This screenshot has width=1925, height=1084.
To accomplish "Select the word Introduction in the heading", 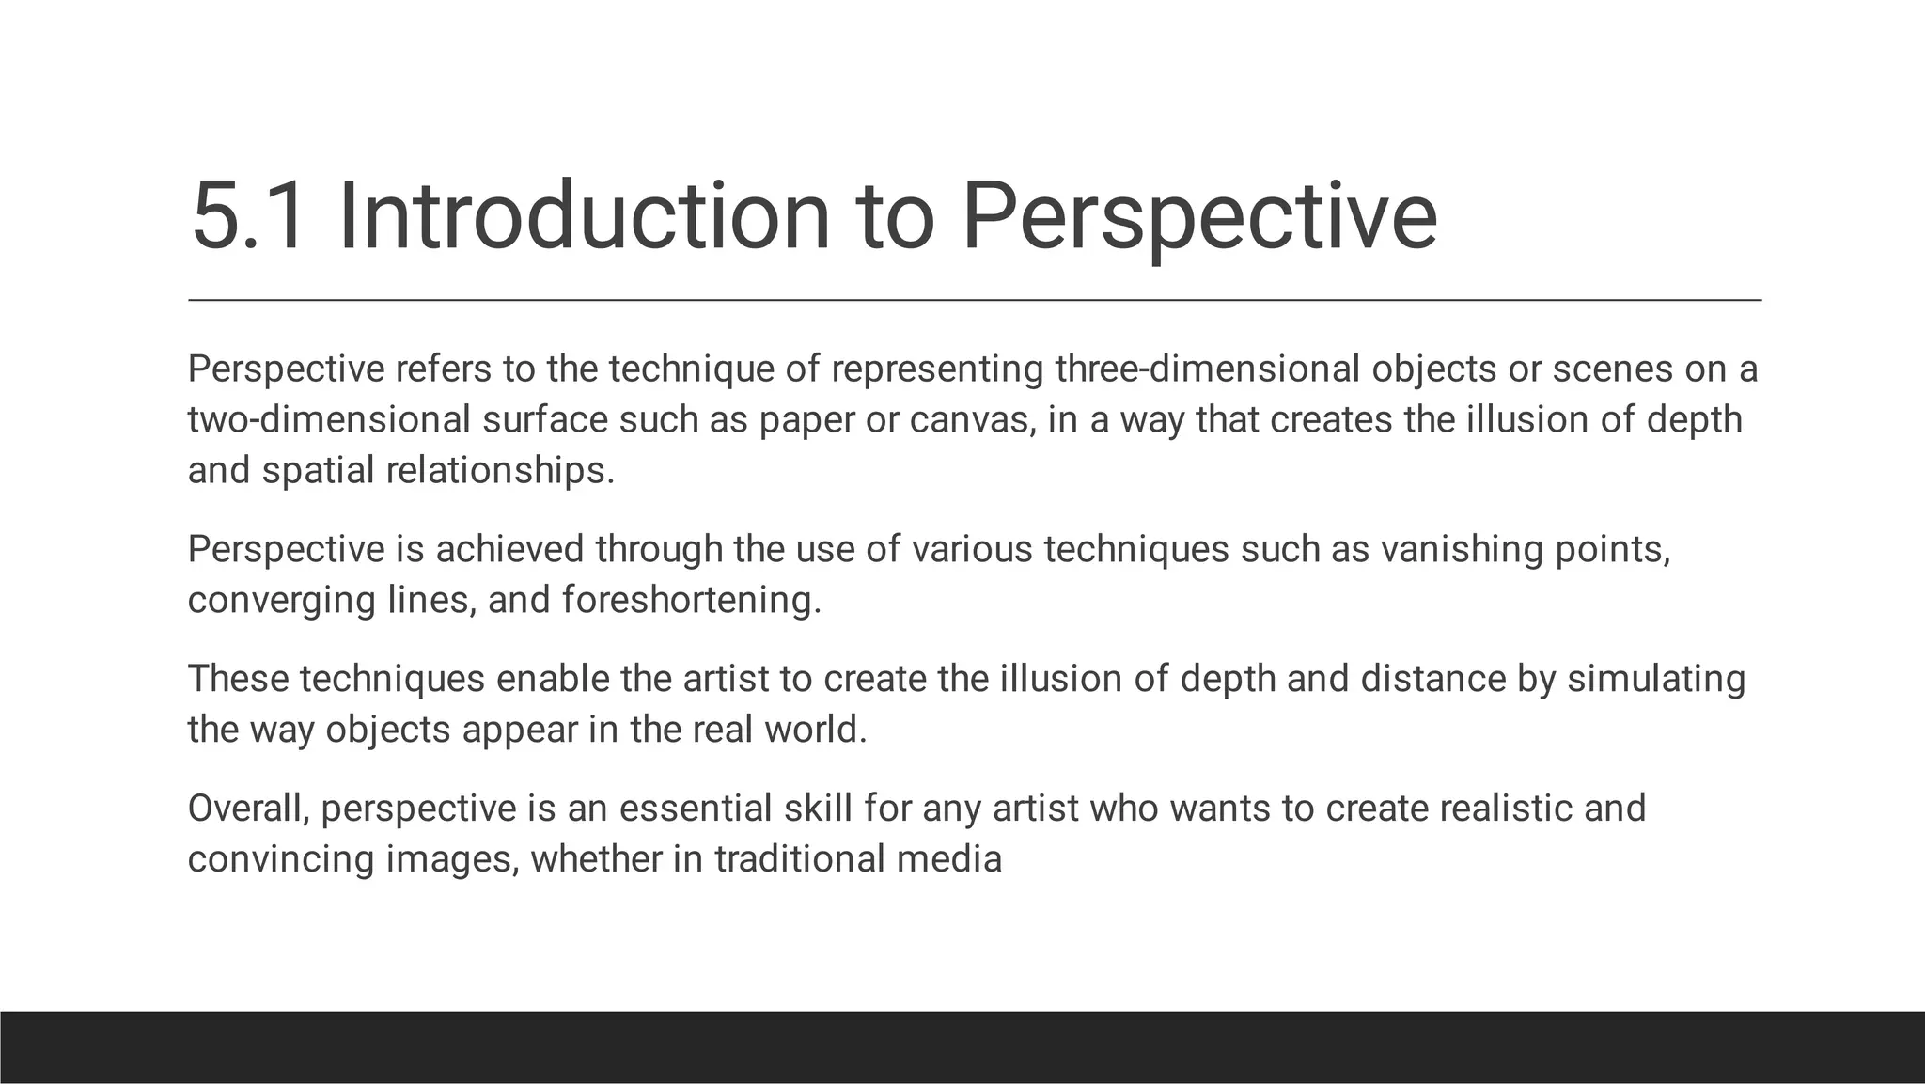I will (x=584, y=218).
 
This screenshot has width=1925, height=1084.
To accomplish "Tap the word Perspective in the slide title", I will (x=1198, y=218).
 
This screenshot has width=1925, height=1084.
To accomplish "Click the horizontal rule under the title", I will (x=975, y=300).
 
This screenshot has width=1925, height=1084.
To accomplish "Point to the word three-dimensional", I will (x=1207, y=369).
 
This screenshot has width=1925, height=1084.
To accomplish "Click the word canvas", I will (x=971, y=419).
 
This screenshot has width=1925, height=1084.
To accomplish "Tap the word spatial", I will (x=318, y=470).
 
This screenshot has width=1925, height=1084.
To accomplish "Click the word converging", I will (x=281, y=600).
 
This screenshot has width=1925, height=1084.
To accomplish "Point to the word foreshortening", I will (x=691, y=600).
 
